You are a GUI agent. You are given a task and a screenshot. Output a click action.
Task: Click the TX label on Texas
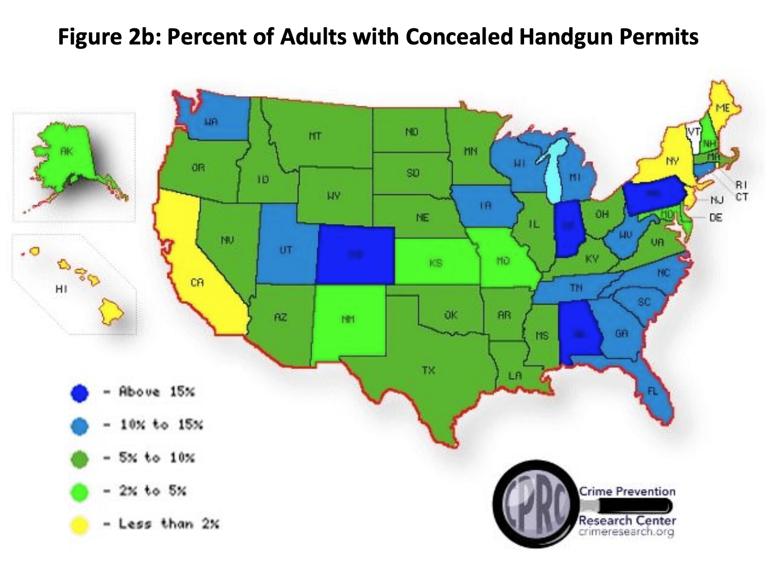pyautogui.click(x=428, y=370)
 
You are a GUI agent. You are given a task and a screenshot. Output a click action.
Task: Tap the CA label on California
pyautogui.click(x=197, y=282)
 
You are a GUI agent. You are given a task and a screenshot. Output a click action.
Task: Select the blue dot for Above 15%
pyautogui.click(x=79, y=393)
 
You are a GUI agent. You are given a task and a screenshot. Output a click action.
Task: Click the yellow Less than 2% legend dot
pyautogui.click(x=79, y=525)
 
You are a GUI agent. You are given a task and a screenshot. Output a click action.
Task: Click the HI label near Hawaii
pyautogui.click(x=61, y=289)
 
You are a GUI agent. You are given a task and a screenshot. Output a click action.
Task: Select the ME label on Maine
pyautogui.click(x=722, y=108)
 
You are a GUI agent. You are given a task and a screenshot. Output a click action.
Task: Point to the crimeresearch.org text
pyautogui.click(x=626, y=531)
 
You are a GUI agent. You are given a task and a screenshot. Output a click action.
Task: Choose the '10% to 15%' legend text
pyautogui.click(x=161, y=425)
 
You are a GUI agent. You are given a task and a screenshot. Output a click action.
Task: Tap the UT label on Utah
pyautogui.click(x=286, y=250)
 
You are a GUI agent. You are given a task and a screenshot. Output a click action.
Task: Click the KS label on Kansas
pyautogui.click(x=436, y=263)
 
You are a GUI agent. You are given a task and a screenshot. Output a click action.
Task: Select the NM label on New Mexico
pyautogui.click(x=348, y=319)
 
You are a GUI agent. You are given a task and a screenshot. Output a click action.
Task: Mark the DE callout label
pyautogui.click(x=715, y=218)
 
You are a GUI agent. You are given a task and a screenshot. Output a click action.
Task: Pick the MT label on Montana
pyautogui.click(x=315, y=136)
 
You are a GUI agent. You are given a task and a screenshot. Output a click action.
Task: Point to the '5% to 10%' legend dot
pyautogui.click(x=79, y=459)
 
